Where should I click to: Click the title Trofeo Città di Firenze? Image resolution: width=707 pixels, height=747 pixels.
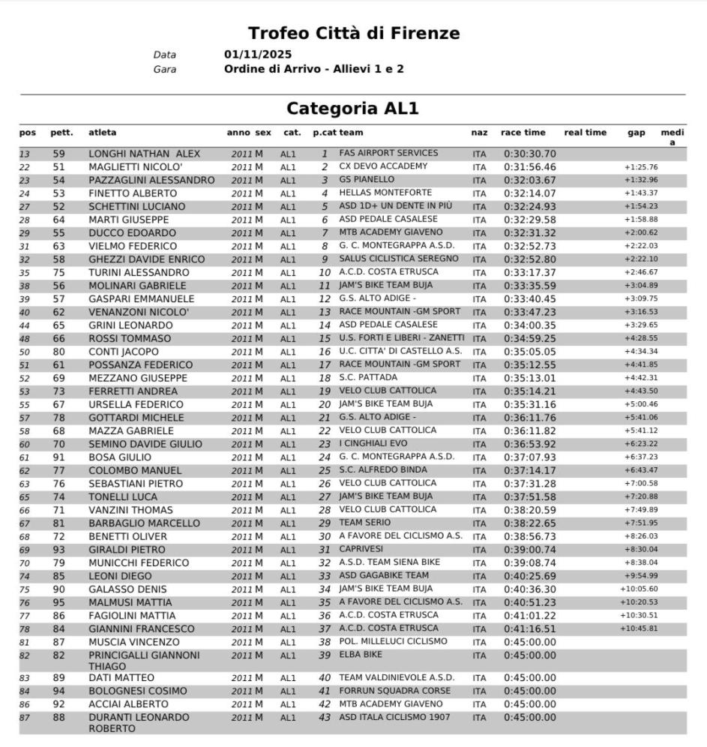coord(354,33)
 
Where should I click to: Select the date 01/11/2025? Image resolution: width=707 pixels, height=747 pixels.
coord(258,55)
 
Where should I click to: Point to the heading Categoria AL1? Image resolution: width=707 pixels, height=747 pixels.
coord(353,109)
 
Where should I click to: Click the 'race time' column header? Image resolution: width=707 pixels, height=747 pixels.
coord(523,133)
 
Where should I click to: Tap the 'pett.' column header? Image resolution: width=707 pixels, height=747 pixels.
coord(61,133)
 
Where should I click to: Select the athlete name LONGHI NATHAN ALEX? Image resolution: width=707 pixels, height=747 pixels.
coord(145,154)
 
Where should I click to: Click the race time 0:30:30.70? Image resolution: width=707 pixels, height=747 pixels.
coord(529,154)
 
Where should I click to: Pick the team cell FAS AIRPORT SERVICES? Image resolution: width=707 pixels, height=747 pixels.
coord(388,153)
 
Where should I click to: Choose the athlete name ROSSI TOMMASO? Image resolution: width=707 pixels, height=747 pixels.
coord(130,339)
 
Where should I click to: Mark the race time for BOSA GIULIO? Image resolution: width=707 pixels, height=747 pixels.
coord(529,457)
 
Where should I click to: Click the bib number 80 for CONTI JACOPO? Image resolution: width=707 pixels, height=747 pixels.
coord(59,352)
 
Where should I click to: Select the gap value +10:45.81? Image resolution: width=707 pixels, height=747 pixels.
coord(638,628)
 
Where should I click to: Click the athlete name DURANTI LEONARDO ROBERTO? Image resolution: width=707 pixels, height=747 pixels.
coord(139,723)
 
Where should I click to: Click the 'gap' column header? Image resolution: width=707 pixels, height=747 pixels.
coord(636,133)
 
